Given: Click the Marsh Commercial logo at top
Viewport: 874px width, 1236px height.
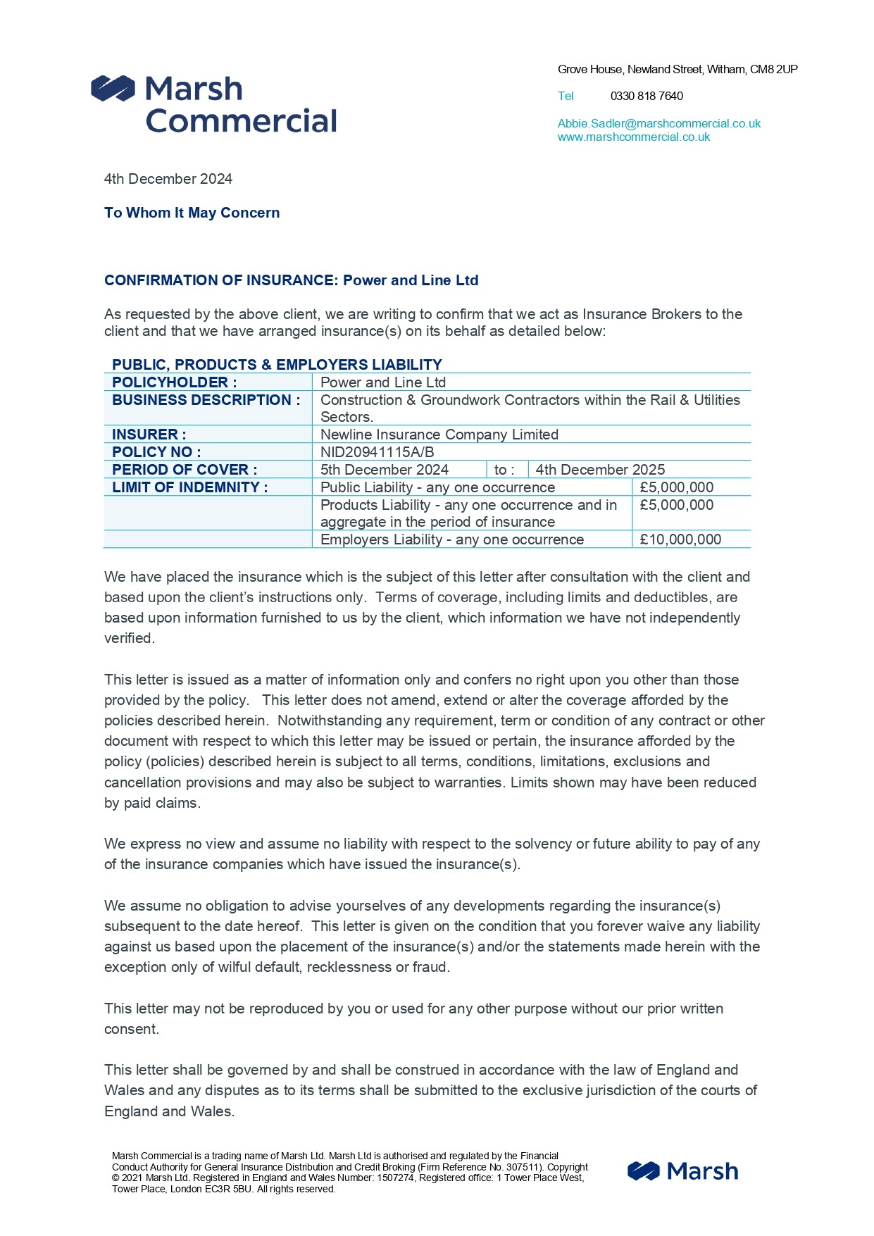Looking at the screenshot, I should click(214, 105).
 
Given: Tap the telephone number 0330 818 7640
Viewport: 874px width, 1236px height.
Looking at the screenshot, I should click(646, 96).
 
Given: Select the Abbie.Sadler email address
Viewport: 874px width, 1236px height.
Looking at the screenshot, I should click(658, 123).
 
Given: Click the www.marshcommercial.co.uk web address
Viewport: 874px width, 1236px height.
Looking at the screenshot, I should click(633, 137).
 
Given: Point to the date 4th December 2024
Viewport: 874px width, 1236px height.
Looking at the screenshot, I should click(168, 179).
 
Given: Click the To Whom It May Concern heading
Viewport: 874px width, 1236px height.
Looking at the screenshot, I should click(192, 213).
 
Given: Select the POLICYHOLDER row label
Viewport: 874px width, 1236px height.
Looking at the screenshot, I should click(174, 382).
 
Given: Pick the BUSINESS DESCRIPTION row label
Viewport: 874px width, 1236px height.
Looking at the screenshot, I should click(206, 400).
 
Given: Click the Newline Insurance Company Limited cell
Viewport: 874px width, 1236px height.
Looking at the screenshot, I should click(439, 435).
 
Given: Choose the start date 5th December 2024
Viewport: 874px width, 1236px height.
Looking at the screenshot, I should click(384, 470).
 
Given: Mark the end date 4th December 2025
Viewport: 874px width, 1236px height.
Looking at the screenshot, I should click(599, 470).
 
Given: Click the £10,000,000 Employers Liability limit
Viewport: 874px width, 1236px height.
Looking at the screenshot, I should click(680, 539).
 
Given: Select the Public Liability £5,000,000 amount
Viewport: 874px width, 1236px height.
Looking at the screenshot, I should click(676, 487).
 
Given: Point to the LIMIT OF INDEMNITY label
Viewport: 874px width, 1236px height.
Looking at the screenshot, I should click(189, 487).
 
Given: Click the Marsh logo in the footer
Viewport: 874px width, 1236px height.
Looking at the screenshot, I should click(682, 1171).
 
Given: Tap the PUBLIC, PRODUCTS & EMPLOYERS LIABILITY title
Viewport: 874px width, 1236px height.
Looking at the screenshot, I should click(277, 365).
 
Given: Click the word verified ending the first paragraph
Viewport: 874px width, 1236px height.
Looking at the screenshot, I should click(128, 638).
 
